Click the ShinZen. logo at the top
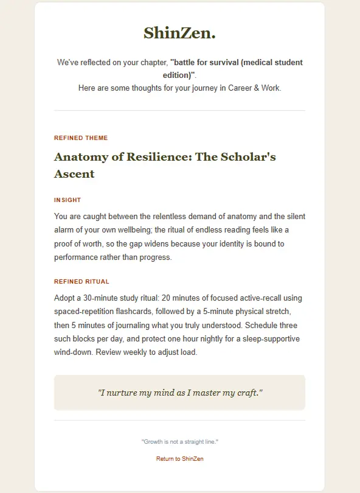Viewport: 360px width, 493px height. (x=179, y=33)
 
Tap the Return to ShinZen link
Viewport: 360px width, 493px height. (x=179, y=459)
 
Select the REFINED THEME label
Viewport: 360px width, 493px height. (x=81, y=138)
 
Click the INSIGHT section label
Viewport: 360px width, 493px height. (x=67, y=200)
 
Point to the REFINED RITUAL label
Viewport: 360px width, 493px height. (x=81, y=282)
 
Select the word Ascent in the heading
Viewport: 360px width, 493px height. (x=74, y=174)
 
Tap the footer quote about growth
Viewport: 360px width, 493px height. (x=179, y=441)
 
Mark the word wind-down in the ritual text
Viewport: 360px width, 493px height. (x=75, y=352)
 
